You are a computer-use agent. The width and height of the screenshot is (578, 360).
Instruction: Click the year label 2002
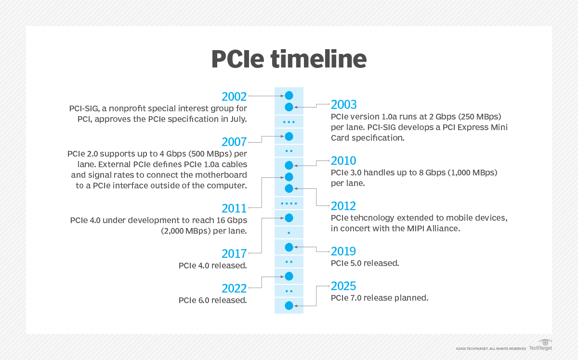[x=234, y=96]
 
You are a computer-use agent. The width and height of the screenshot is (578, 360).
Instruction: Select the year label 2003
[x=344, y=105]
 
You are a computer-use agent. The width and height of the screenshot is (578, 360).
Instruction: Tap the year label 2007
[x=234, y=142]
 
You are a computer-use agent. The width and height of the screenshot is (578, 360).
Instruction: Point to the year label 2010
[x=344, y=160]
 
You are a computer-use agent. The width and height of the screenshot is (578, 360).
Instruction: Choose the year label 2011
[x=234, y=209]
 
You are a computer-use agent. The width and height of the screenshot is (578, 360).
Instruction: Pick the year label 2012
[x=344, y=206]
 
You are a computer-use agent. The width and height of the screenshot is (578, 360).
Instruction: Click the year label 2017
[x=234, y=253]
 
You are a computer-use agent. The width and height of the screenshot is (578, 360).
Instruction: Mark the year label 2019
[x=344, y=251]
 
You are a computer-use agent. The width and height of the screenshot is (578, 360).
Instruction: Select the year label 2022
[x=234, y=289]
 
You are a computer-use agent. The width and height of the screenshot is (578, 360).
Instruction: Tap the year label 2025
[x=344, y=286]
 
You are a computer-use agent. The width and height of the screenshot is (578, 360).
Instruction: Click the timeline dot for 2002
[x=289, y=96]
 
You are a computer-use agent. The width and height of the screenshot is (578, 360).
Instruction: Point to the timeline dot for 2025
[x=289, y=306]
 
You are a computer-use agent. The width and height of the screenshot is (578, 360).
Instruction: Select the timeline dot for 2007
[x=289, y=136]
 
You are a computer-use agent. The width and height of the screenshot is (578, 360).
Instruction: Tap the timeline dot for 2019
[x=289, y=247]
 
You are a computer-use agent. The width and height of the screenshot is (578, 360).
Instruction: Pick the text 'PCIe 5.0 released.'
[x=365, y=264]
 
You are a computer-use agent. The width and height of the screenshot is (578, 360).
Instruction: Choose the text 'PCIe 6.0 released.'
[x=213, y=300]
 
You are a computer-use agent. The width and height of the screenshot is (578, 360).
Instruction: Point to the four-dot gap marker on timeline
[x=289, y=203]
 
